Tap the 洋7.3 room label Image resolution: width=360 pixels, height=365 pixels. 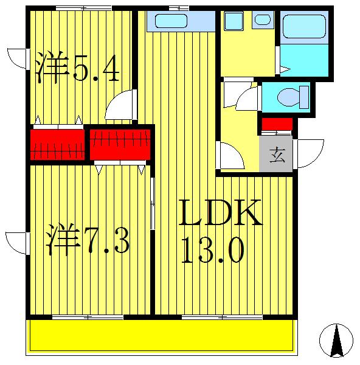(x=88, y=240)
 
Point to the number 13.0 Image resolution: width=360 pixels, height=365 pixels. (x=213, y=249)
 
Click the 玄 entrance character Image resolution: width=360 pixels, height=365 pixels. (x=277, y=155)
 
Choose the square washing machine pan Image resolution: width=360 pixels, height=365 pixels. (x=234, y=21)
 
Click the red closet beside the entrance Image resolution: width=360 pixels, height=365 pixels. (x=277, y=126)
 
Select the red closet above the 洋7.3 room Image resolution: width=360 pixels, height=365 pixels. (x=120, y=144)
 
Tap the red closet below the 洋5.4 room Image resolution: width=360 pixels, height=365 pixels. (x=57, y=144)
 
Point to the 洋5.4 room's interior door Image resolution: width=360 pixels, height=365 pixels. (x=119, y=107)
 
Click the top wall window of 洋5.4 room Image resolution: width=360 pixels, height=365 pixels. (x=83, y=8)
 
